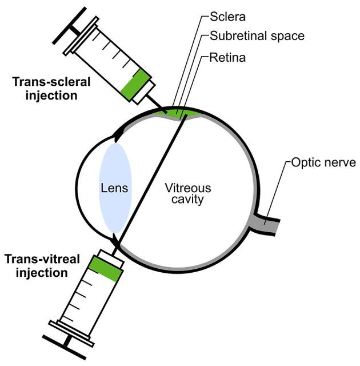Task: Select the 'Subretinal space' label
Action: pos(257,36)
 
